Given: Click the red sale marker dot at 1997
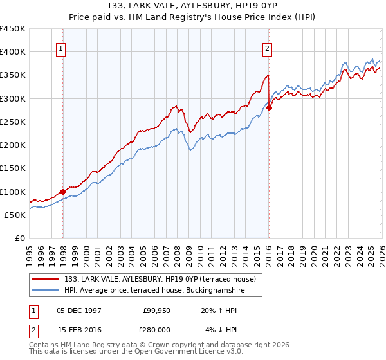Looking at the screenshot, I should pos(62,191).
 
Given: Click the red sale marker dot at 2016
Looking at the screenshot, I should pos(269,107).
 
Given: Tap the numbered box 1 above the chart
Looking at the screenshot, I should pos(60,48).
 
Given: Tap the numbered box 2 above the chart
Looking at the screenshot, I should pos(266,48).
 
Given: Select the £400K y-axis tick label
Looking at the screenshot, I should pos(13,52).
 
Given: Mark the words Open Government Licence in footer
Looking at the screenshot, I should pos(161,352).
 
